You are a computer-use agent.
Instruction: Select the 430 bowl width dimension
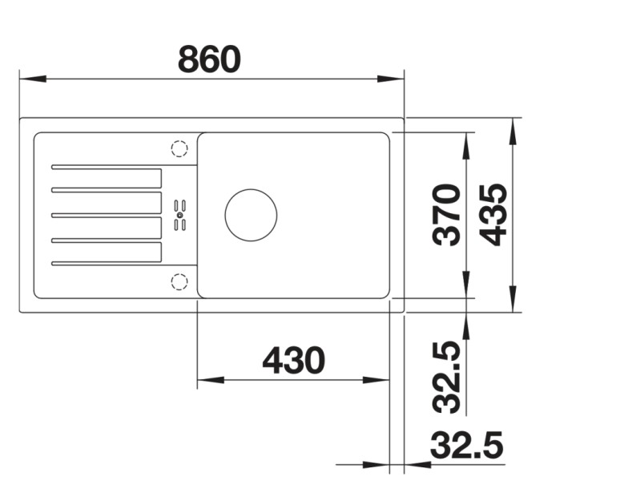tap(293, 361)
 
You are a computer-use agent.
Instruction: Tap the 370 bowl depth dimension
tap(445, 214)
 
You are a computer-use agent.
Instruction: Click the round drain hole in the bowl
tap(251, 215)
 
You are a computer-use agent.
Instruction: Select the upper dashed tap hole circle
tap(179, 149)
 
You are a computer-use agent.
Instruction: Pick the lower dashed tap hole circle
tap(179, 281)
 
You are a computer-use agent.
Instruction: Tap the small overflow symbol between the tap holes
tap(179, 215)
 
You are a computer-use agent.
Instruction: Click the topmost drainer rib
tap(107, 168)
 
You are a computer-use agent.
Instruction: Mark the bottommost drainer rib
tap(107, 263)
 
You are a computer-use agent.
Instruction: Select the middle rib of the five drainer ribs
tap(107, 215)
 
